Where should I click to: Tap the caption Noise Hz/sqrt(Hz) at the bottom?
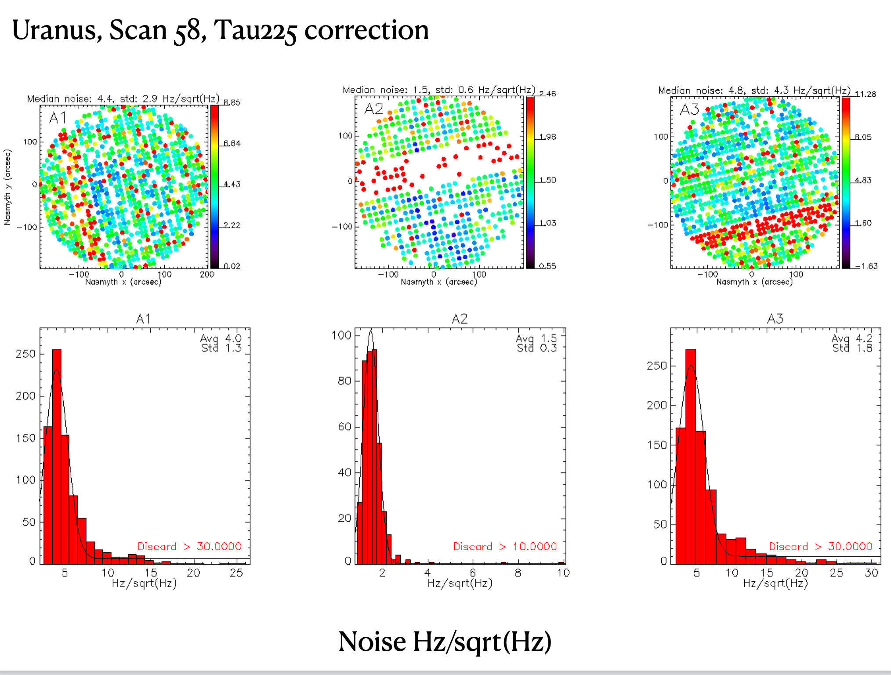445,642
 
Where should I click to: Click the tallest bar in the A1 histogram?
57,457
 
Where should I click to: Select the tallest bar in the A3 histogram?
690,457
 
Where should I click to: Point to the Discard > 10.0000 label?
505,546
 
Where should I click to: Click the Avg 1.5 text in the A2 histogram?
536,338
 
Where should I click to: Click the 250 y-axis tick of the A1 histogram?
25,354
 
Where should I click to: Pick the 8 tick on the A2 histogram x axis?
518,573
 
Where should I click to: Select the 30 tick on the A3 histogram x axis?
871,573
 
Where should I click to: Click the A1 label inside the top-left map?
58,118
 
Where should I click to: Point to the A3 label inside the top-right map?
689,109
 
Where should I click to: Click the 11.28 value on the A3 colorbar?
865,94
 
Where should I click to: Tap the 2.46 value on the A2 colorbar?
547,94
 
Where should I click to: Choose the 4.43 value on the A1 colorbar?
232,184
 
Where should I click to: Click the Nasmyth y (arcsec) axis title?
7,187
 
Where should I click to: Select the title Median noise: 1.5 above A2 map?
438,90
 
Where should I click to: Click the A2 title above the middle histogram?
460,319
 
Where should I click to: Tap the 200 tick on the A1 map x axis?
207,275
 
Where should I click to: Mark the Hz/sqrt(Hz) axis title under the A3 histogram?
775,584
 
